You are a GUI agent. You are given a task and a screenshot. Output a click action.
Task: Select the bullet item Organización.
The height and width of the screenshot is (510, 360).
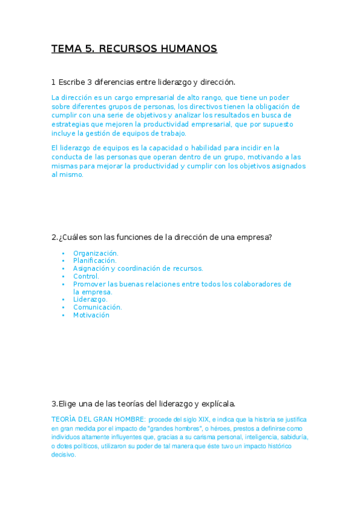coord(96,253)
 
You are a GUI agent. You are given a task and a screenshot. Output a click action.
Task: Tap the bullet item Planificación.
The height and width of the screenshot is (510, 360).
coord(95,261)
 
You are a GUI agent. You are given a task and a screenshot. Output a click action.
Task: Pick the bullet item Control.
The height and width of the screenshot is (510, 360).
coord(86,277)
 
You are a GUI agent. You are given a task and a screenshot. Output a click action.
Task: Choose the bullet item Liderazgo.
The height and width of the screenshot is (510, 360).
coord(90,300)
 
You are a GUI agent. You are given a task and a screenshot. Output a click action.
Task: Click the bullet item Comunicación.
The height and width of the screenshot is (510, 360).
coord(97,307)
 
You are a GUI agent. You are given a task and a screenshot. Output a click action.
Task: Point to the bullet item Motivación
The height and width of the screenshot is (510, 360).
coord(91,315)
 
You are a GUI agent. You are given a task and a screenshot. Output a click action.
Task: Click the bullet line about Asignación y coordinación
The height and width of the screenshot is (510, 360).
coord(138,269)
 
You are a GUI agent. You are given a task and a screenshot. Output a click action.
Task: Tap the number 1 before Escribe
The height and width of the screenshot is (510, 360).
coord(53,82)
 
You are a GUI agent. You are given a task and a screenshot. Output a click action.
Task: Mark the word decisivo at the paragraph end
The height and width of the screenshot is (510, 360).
coord(64,455)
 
